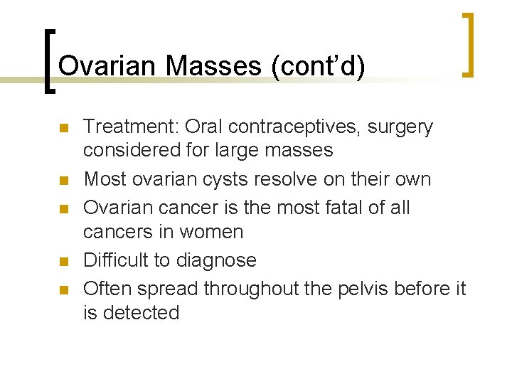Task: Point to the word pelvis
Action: click(374, 289)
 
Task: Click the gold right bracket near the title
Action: click(467, 44)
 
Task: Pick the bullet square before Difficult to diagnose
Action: click(63, 262)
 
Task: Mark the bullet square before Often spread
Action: click(63, 290)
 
